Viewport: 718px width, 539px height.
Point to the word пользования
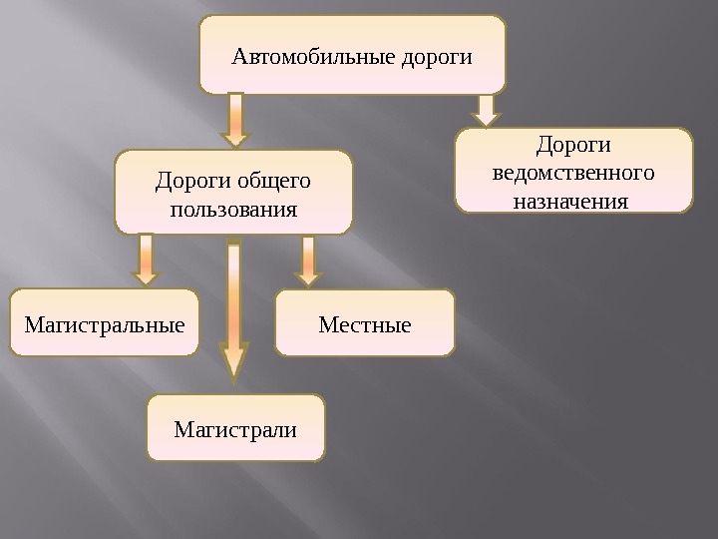[x=233, y=211]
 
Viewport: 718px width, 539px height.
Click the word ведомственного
[x=573, y=173]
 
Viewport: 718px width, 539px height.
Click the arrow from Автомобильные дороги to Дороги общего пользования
[x=236, y=120]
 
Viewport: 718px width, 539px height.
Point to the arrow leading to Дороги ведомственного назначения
[x=486, y=110]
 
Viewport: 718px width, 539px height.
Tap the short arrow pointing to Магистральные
[x=147, y=260]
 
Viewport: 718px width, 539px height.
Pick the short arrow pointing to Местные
[x=308, y=260]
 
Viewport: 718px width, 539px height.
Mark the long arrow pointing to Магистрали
[x=233, y=309]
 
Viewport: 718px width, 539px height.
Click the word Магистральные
[x=105, y=324]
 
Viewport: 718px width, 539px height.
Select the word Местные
[x=365, y=324]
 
